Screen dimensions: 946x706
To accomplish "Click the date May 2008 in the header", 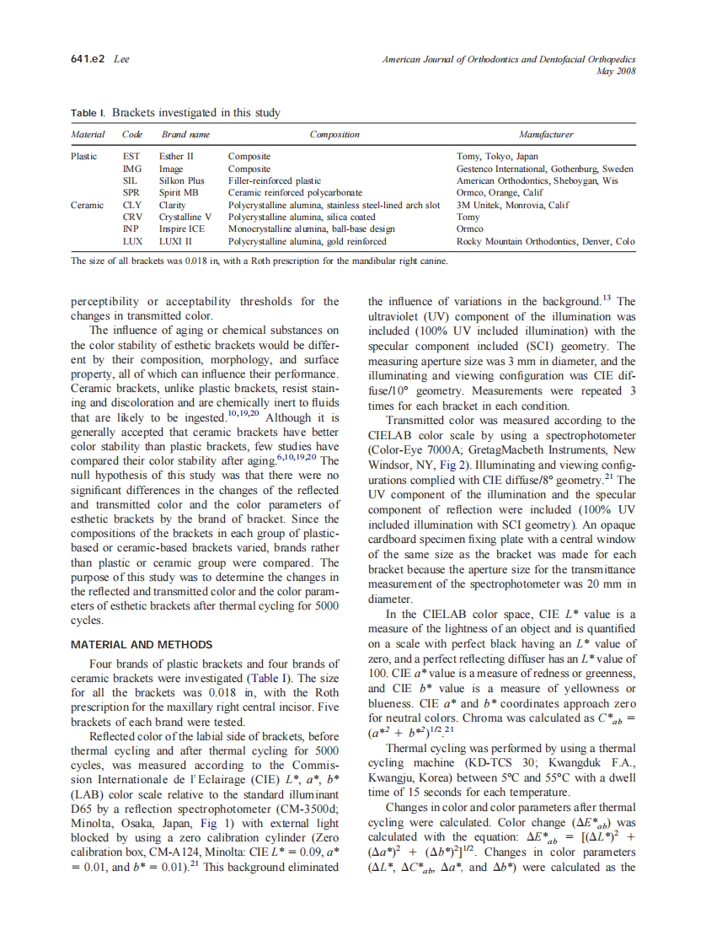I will [615, 71].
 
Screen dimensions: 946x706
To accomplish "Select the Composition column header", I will [334, 134].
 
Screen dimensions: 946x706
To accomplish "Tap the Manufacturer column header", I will [546, 134].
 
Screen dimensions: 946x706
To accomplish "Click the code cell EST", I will [131, 157].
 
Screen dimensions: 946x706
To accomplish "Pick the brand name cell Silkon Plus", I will [182, 180].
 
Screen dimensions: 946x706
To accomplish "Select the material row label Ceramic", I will [88, 205].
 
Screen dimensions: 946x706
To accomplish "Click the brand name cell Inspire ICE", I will [182, 228].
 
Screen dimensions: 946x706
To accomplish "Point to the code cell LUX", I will [132, 240].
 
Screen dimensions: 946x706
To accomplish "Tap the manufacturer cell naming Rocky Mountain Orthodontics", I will [545, 240].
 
